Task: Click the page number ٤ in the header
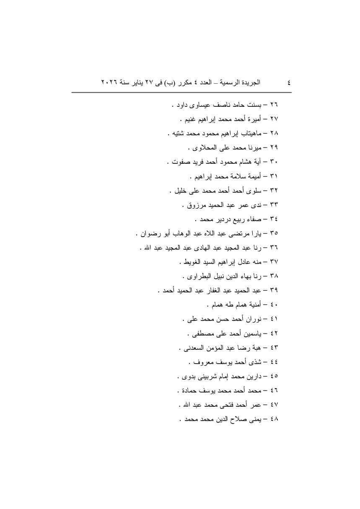288,83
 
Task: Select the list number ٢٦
275,104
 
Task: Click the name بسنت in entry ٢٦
256,104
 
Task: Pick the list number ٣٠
275,162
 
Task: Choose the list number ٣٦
275,248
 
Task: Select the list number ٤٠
275,305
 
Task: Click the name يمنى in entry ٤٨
256,420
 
